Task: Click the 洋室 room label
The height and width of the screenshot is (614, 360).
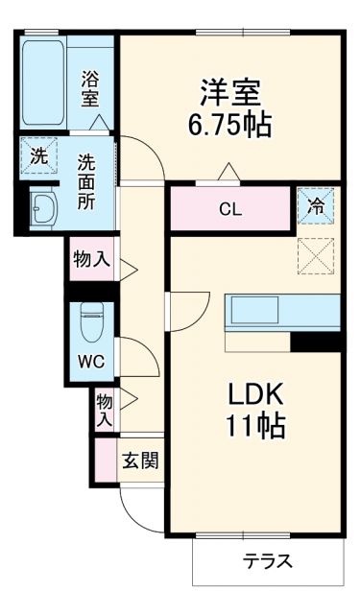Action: coord(230,94)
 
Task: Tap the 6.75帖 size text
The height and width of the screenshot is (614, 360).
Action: coord(230,125)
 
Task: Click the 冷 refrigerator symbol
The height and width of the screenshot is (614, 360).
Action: coord(316,204)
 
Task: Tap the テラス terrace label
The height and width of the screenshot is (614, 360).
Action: coord(267,562)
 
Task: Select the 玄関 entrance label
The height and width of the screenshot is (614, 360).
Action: coord(139,460)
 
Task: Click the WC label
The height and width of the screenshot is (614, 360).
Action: coord(90,362)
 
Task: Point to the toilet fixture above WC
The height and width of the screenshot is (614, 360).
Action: coord(91,320)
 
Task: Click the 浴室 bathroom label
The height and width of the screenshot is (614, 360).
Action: coord(90,88)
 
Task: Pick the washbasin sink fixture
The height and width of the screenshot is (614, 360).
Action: coord(42,208)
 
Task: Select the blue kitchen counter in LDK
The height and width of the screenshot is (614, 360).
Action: coord(282,312)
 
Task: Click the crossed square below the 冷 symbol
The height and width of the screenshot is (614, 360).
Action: coord(316,253)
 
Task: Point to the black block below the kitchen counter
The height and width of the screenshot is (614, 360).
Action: coord(316,341)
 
